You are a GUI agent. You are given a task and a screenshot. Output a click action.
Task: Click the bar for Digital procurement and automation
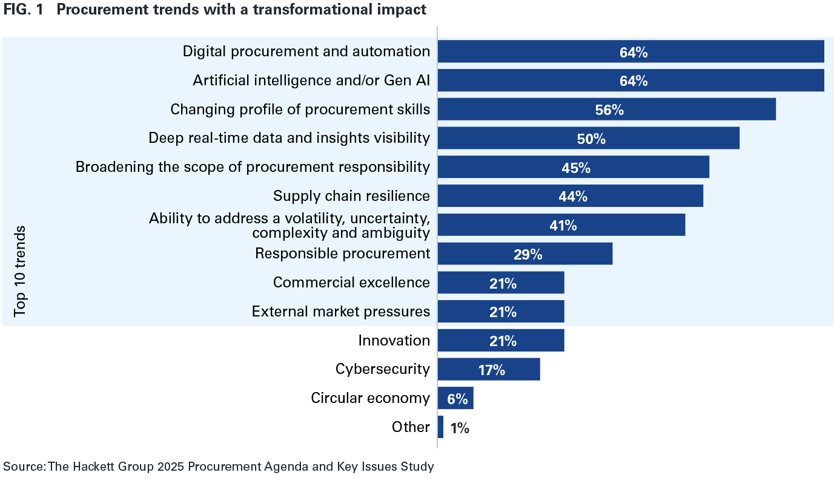[630, 51]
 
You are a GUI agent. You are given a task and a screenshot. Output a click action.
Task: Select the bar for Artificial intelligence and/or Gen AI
[630, 80]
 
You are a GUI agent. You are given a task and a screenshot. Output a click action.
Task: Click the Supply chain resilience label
[351, 196]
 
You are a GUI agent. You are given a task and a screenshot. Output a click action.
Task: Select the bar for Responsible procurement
[525, 254]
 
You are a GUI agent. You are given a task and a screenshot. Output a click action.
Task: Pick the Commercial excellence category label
[351, 283]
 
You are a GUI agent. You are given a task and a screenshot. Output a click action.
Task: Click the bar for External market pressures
[500, 312]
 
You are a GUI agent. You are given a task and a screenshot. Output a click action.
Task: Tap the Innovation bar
[500, 341]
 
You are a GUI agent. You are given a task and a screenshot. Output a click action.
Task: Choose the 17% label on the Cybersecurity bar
[491, 370]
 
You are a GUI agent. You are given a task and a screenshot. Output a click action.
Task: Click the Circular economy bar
[455, 399]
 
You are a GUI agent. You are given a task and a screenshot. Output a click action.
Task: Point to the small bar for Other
[440, 427]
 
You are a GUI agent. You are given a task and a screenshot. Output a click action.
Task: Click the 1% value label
[460, 428]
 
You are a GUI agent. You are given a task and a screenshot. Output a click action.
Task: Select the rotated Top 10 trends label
[21, 270]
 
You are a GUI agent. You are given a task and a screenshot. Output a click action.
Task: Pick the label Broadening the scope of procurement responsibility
[253, 167]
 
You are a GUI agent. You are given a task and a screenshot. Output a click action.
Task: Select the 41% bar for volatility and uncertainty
[561, 225]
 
